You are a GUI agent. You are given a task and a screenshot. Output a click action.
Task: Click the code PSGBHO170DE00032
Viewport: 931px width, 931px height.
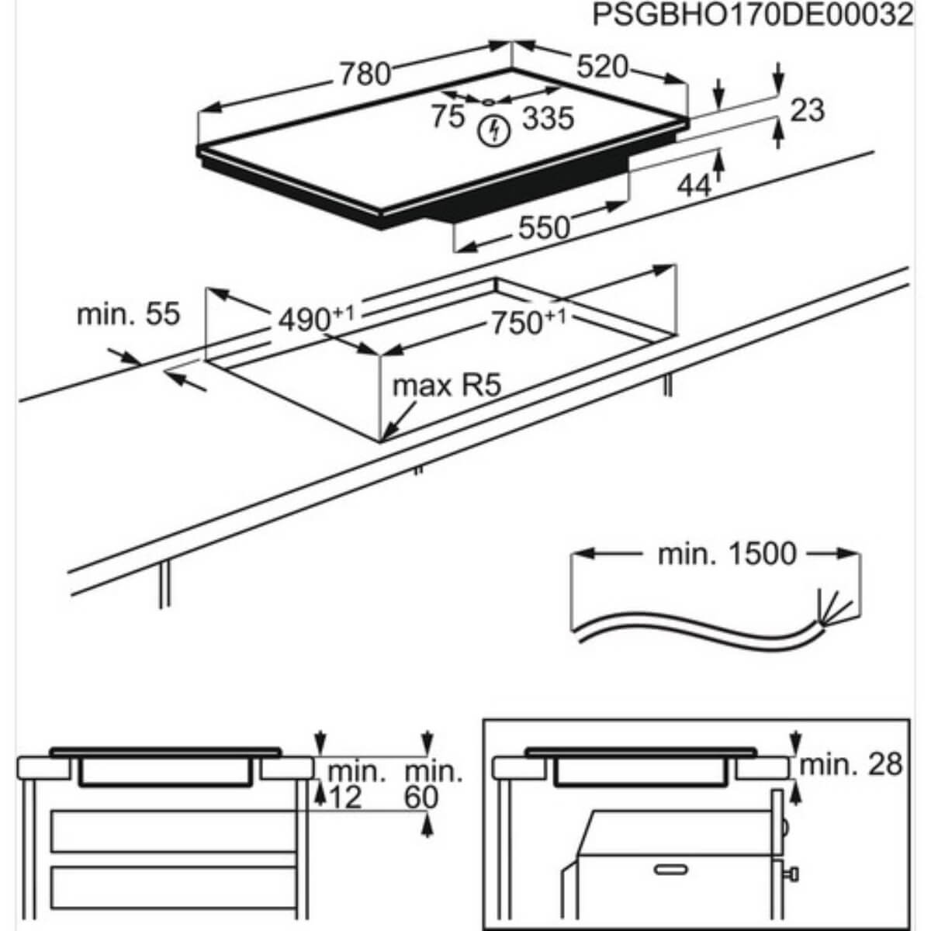click(752, 15)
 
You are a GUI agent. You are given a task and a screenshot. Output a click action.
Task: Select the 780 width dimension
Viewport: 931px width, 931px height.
click(364, 74)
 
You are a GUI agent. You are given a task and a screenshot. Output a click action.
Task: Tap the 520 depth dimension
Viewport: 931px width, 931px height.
click(602, 67)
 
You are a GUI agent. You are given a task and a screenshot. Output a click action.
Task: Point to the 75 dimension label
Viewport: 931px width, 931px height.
click(448, 116)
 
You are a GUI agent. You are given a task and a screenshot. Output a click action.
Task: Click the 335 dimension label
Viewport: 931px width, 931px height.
click(548, 119)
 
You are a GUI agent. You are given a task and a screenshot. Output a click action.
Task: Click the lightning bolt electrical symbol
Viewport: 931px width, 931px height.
click(493, 131)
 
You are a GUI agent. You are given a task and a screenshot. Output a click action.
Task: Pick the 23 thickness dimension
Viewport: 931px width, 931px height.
click(807, 110)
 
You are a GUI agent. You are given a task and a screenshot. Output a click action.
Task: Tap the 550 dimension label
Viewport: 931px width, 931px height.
click(543, 227)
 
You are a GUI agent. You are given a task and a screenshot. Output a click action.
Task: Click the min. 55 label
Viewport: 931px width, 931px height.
click(128, 314)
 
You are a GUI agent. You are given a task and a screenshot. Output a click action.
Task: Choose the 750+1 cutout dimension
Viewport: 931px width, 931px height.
click(524, 321)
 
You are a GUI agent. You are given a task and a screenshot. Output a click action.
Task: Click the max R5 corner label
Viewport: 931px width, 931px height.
click(447, 385)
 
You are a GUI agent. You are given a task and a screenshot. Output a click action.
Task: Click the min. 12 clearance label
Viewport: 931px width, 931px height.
click(356, 784)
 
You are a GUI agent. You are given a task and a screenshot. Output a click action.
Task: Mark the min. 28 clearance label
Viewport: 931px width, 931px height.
click(851, 764)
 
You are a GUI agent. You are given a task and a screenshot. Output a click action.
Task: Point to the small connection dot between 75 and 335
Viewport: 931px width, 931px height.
click(488, 102)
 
